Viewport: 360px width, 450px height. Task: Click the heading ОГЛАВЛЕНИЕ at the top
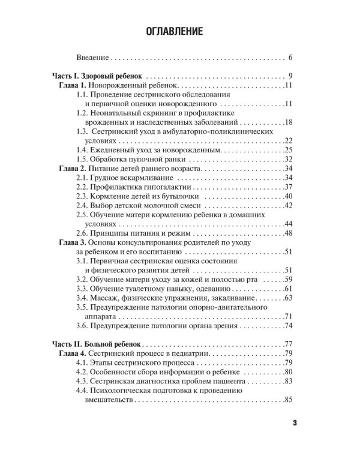180,31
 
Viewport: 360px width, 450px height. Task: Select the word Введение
92,59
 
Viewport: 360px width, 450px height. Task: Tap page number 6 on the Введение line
289,59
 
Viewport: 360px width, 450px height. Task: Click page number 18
287,122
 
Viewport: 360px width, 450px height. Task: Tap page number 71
287,316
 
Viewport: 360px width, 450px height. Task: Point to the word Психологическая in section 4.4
127,391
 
